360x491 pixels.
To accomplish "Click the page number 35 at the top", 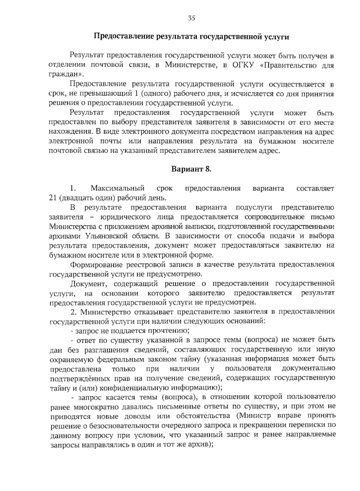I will tap(192, 18).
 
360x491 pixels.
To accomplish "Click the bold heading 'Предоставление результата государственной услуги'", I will tap(192, 37).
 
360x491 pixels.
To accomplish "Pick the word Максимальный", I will tap(118, 189).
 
